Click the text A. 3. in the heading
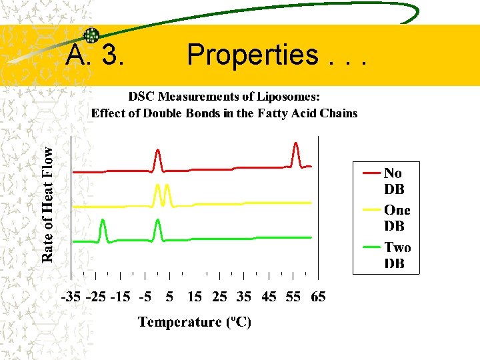94,56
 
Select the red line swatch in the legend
372,173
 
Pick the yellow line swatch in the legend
372,209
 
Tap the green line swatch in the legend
372,247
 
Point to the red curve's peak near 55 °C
296,144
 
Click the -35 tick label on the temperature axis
73,297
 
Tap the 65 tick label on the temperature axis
318,297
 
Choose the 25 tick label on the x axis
219,297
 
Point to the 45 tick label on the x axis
269,297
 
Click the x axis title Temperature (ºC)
195,323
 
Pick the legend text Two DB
397,255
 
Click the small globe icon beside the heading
91,35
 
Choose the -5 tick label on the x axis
145,297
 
